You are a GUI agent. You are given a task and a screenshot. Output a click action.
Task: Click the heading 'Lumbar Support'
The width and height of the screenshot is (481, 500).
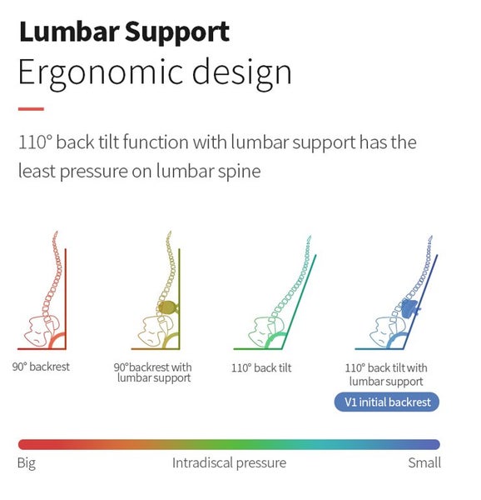pyautogui.click(x=124, y=32)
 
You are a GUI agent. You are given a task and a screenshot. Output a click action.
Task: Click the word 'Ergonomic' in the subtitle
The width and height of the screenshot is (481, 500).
pyautogui.click(x=101, y=73)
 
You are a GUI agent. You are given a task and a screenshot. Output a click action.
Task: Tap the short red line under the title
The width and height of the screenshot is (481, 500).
pyautogui.click(x=31, y=109)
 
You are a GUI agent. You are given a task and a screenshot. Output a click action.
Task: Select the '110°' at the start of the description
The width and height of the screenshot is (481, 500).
pyautogui.click(x=35, y=142)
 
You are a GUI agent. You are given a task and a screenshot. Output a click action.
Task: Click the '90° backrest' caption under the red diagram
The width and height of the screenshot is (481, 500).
pyautogui.click(x=41, y=367)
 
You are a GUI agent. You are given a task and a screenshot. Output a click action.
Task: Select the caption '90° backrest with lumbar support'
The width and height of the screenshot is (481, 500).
pyautogui.click(x=153, y=372)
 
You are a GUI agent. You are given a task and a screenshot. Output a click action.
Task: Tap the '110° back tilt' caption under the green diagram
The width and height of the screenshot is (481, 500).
pyautogui.click(x=261, y=368)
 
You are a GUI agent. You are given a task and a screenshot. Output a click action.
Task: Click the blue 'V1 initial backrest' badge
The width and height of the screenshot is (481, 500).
pyautogui.click(x=387, y=402)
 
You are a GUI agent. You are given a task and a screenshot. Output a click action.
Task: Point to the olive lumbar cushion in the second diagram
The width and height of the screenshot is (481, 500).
pyautogui.click(x=168, y=307)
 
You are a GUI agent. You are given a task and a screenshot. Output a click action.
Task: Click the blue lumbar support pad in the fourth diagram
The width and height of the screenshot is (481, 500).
pyautogui.click(x=409, y=308)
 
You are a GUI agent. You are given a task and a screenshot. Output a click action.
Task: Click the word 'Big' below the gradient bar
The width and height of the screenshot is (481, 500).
pyautogui.click(x=27, y=463)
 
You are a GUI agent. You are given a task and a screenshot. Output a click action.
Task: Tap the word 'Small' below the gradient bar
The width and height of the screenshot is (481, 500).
pyautogui.click(x=424, y=462)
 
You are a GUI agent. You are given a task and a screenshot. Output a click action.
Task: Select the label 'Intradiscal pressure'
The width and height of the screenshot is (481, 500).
pyautogui.click(x=229, y=463)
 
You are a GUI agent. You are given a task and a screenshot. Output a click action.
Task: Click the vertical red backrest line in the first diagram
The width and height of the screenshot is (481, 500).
pyautogui.click(x=66, y=299)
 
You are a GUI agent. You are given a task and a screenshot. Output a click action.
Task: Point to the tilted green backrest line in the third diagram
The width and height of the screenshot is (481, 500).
pyautogui.click(x=298, y=302)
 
